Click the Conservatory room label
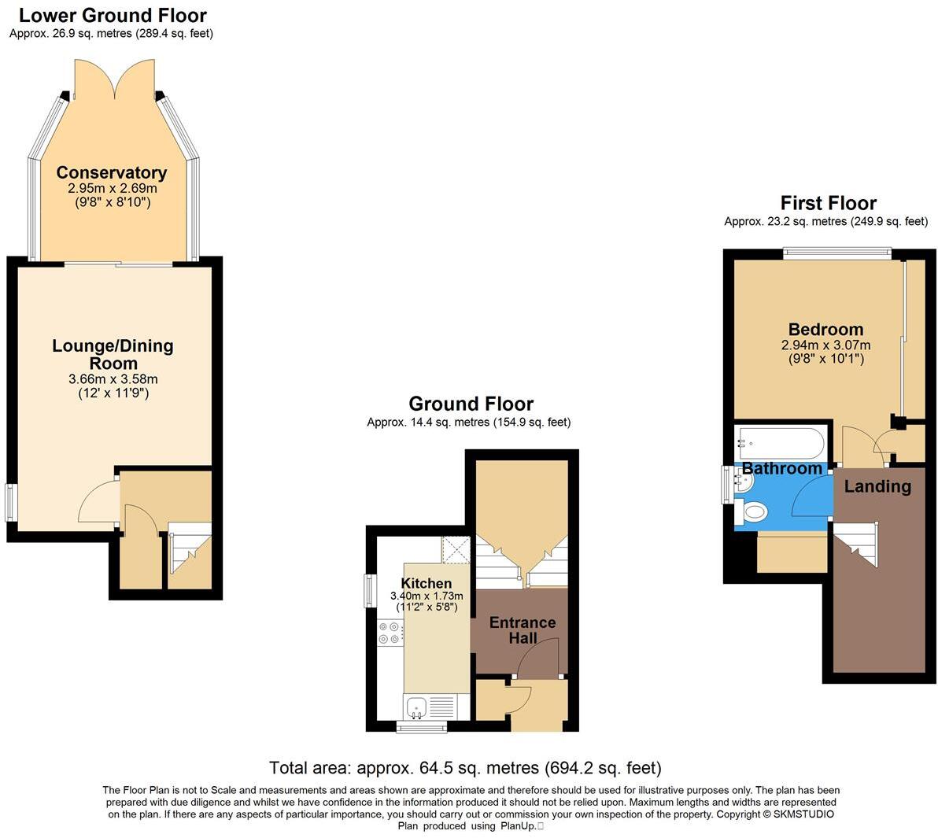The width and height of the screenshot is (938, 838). pos(111,172)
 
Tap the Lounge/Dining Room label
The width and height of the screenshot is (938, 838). pos(113,354)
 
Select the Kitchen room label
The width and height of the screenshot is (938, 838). pos(427,583)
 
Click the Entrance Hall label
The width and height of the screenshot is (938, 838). pos(523,629)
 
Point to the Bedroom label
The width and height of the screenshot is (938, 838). pos(825,329)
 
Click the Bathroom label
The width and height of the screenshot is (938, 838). pos(782,469)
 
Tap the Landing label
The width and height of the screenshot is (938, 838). pos(877,486)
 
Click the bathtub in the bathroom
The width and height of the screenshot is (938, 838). pos(779,444)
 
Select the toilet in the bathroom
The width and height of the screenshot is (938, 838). pos(752,513)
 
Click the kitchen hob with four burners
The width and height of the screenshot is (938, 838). pos(390,633)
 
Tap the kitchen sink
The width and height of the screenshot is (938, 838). pos(415,706)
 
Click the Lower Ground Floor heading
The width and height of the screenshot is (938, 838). pos(113,15)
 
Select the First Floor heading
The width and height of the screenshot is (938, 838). pos(828,203)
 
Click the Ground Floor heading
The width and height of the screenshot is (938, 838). pos(471,404)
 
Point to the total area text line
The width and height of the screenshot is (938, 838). pos(465,767)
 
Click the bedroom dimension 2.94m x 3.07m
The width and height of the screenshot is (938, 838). pos(825,345)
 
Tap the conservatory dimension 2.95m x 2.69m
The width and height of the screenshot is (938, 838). pos(111,189)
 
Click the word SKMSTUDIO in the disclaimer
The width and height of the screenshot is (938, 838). pos(803,814)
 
